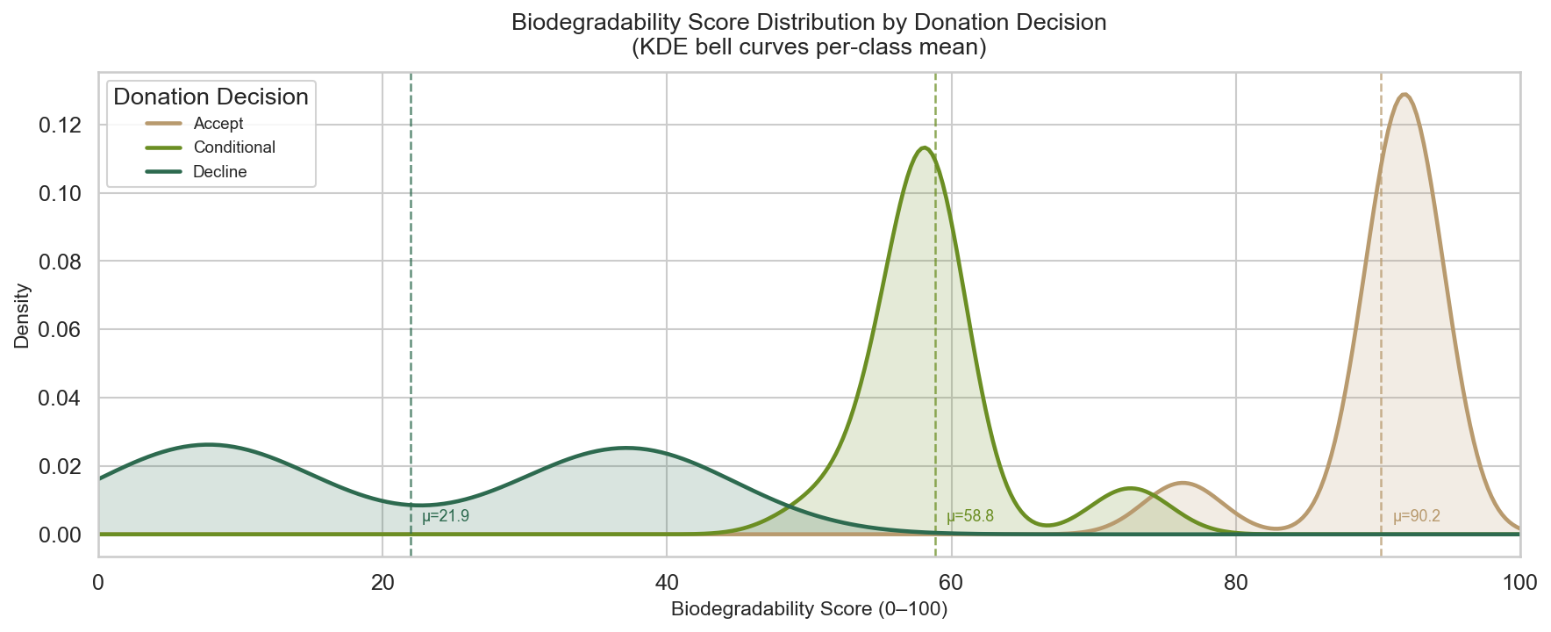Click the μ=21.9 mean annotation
click(446, 517)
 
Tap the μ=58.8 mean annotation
click(970, 517)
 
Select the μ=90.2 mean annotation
click(1417, 517)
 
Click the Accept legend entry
click(218, 124)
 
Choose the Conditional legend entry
click(234, 147)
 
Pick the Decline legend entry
click(220, 172)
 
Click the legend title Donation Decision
click(211, 97)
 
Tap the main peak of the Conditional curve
click(924, 147)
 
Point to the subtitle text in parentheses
click(809, 47)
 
